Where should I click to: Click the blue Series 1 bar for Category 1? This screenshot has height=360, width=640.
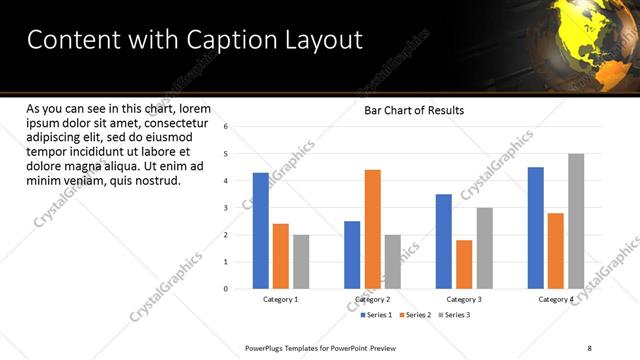[260, 231]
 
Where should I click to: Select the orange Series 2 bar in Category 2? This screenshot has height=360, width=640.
[372, 229]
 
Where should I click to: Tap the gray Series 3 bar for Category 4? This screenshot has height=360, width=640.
[576, 221]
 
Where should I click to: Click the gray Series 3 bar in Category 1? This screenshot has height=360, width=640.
[301, 262]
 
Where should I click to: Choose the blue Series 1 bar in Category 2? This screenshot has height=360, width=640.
[352, 255]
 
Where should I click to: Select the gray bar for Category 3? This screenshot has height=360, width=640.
[484, 248]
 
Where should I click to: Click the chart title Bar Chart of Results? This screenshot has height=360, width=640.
[413, 110]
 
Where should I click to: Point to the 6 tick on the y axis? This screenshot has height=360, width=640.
[226, 127]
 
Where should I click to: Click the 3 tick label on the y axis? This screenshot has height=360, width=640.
[226, 208]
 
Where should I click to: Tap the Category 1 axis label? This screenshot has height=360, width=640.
[280, 299]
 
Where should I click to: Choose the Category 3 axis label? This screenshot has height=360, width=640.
[464, 299]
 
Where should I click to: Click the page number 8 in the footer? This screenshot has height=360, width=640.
[590, 348]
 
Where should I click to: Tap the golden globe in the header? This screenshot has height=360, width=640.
[600, 40]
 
